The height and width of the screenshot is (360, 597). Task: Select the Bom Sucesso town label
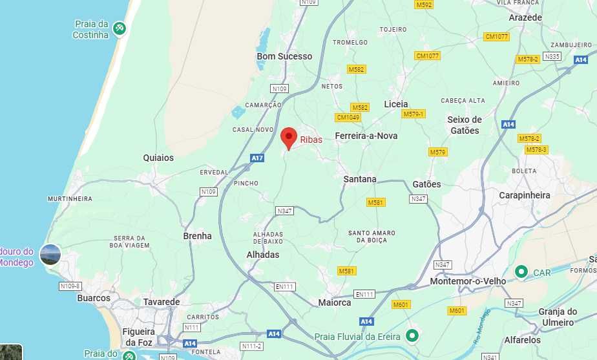pyautogui.click(x=284, y=56)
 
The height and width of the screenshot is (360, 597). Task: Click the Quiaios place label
pyautogui.click(x=158, y=157)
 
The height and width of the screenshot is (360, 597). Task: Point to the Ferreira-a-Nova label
pyautogui.click(x=366, y=136)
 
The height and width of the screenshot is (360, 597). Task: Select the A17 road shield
pyautogui.click(x=257, y=158)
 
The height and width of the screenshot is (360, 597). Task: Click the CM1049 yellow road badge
pyautogui.click(x=348, y=117)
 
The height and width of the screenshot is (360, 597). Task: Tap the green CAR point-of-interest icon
pyautogui.click(x=521, y=272)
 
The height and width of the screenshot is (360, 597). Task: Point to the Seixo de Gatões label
pyautogui.click(x=465, y=125)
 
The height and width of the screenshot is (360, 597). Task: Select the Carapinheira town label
pyautogui.click(x=525, y=195)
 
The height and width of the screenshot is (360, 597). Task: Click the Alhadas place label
pyautogui.click(x=263, y=255)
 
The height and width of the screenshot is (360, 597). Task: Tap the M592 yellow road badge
pyautogui.click(x=424, y=5)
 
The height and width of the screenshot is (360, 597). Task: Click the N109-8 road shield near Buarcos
pyautogui.click(x=70, y=286)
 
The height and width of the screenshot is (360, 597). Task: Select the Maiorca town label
pyautogui.click(x=335, y=302)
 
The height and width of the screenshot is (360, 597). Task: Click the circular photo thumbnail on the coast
pyautogui.click(x=50, y=255)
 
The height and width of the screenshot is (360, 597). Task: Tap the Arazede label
pyautogui.click(x=525, y=17)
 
